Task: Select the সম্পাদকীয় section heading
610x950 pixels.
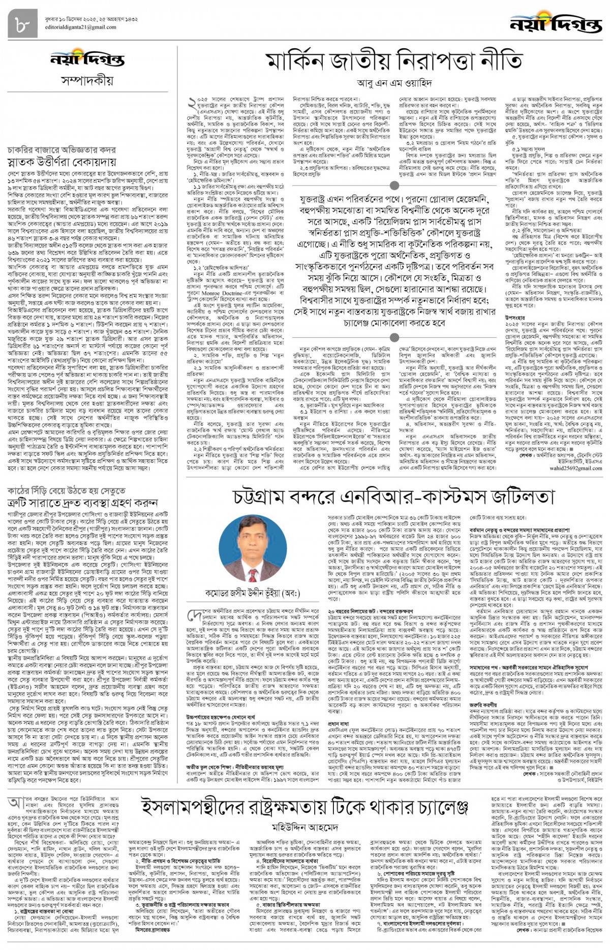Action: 87,80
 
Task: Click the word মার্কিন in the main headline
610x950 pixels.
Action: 302,63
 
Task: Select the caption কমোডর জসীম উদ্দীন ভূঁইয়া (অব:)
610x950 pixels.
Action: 252,593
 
